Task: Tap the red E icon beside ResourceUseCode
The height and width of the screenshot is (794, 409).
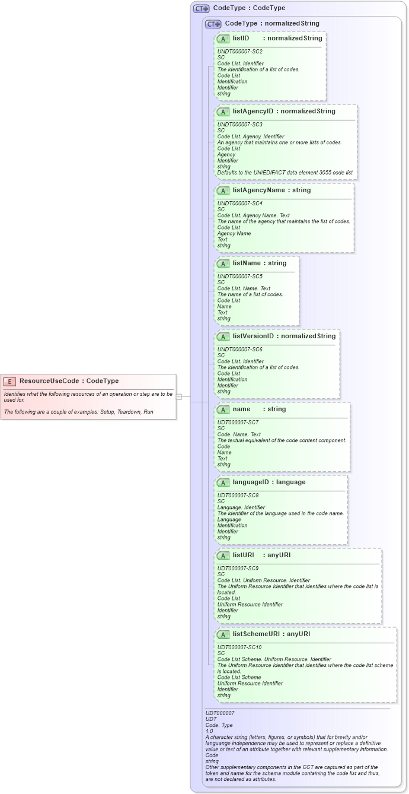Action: (9, 381)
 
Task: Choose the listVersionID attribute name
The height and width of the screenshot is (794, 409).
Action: (253, 336)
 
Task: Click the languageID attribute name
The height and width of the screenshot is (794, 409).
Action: (253, 482)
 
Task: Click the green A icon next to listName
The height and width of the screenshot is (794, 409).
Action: (223, 263)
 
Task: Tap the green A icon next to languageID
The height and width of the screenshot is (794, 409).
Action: (223, 482)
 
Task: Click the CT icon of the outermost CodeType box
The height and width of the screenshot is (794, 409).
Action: (202, 8)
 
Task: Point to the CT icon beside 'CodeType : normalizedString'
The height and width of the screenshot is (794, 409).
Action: (213, 24)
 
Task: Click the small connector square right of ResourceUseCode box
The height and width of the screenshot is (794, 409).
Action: (179, 397)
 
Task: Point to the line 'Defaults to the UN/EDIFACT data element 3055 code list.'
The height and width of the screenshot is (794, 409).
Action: (285, 173)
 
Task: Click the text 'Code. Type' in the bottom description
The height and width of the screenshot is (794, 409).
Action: (219, 725)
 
